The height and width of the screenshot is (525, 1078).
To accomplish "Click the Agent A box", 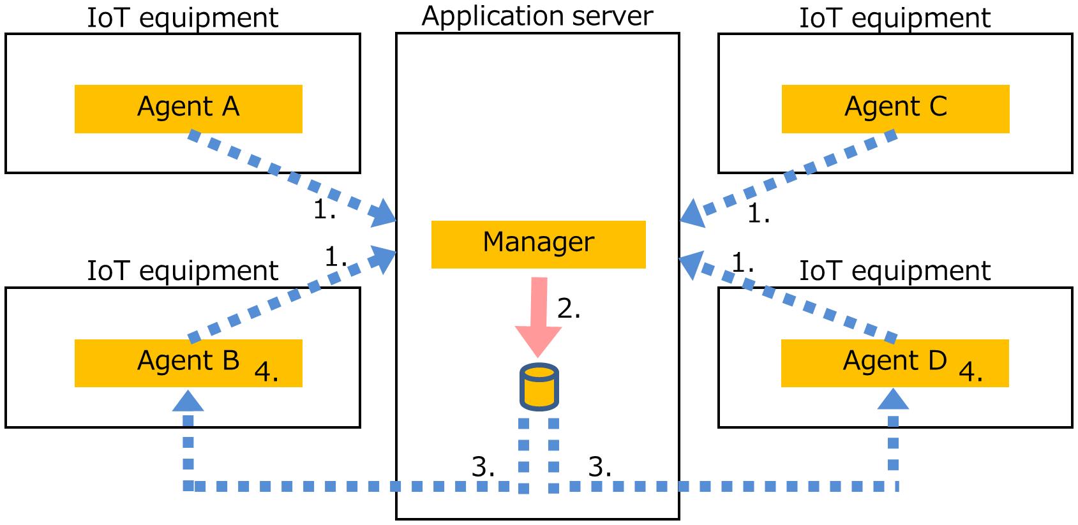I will (x=188, y=108).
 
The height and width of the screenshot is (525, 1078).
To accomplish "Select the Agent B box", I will (x=188, y=363).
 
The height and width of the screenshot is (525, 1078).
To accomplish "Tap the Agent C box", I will (x=895, y=108).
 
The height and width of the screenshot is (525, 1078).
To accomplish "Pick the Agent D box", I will (x=895, y=363).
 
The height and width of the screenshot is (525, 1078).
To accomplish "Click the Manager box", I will (x=538, y=244).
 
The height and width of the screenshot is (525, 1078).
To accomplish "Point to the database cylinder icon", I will (x=539, y=387).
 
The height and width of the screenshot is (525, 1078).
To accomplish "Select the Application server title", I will (x=537, y=16).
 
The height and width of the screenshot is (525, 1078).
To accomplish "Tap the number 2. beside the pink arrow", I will (x=569, y=309).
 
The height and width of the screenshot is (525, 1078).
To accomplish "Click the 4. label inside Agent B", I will (x=266, y=371).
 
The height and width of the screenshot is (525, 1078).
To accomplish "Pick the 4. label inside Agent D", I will (x=971, y=371).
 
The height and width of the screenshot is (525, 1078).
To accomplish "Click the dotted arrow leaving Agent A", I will (x=287, y=175).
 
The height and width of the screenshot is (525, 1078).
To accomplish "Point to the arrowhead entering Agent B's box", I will (x=188, y=401).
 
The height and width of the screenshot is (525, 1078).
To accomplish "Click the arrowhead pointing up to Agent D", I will (x=894, y=400).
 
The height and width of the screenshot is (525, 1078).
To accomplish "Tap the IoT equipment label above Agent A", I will (x=183, y=17).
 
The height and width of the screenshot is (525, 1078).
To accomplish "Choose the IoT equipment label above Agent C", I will (x=895, y=17).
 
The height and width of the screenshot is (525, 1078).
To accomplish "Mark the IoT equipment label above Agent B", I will (x=183, y=270).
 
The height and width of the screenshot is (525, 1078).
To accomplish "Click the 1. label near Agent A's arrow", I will (x=324, y=209).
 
